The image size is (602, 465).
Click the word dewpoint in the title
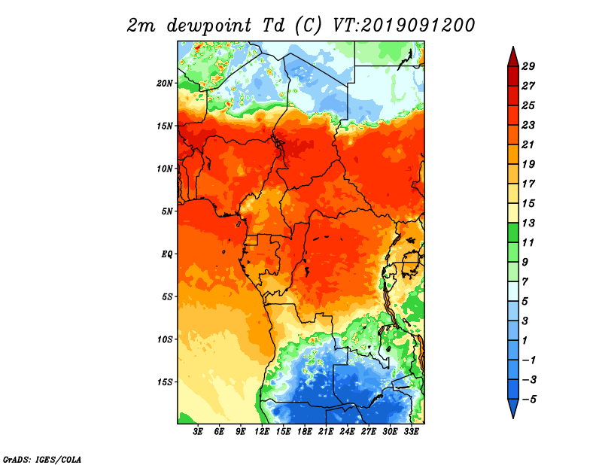coord(208,26)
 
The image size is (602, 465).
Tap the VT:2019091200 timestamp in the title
coord(403,26)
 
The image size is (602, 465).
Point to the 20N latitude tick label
coord(165,84)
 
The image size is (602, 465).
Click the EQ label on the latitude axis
coord(167,254)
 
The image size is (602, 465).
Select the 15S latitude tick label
coord(165,382)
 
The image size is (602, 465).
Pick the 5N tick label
coord(167,211)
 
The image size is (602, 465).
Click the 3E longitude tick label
coord(198,432)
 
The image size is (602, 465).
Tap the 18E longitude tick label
coord(305,432)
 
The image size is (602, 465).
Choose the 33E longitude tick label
coord(411,432)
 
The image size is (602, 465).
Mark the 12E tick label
coord(262,432)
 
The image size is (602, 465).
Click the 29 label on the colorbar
coord(528,66)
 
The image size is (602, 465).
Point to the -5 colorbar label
coord(529,400)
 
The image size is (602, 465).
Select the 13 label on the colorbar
coord(528,223)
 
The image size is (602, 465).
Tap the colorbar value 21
coord(528,144)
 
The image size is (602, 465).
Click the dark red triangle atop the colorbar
coord(513,57)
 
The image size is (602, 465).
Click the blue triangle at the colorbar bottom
coord(513,408)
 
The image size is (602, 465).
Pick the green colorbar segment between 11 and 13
coord(513,232)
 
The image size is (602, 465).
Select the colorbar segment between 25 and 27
coord(513,96)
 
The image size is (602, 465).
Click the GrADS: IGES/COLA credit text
coord(42,460)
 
